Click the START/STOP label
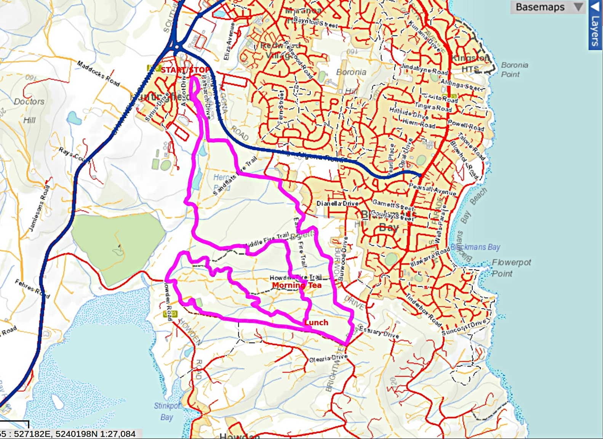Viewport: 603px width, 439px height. (185, 70)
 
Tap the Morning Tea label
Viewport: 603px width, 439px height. (297, 285)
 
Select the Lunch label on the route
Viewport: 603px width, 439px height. (316, 322)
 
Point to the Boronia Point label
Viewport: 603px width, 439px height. (514, 69)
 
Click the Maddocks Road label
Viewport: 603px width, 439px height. (98, 73)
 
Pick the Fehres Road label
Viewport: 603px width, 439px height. (32, 288)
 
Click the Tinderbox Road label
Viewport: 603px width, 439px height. (423, 311)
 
